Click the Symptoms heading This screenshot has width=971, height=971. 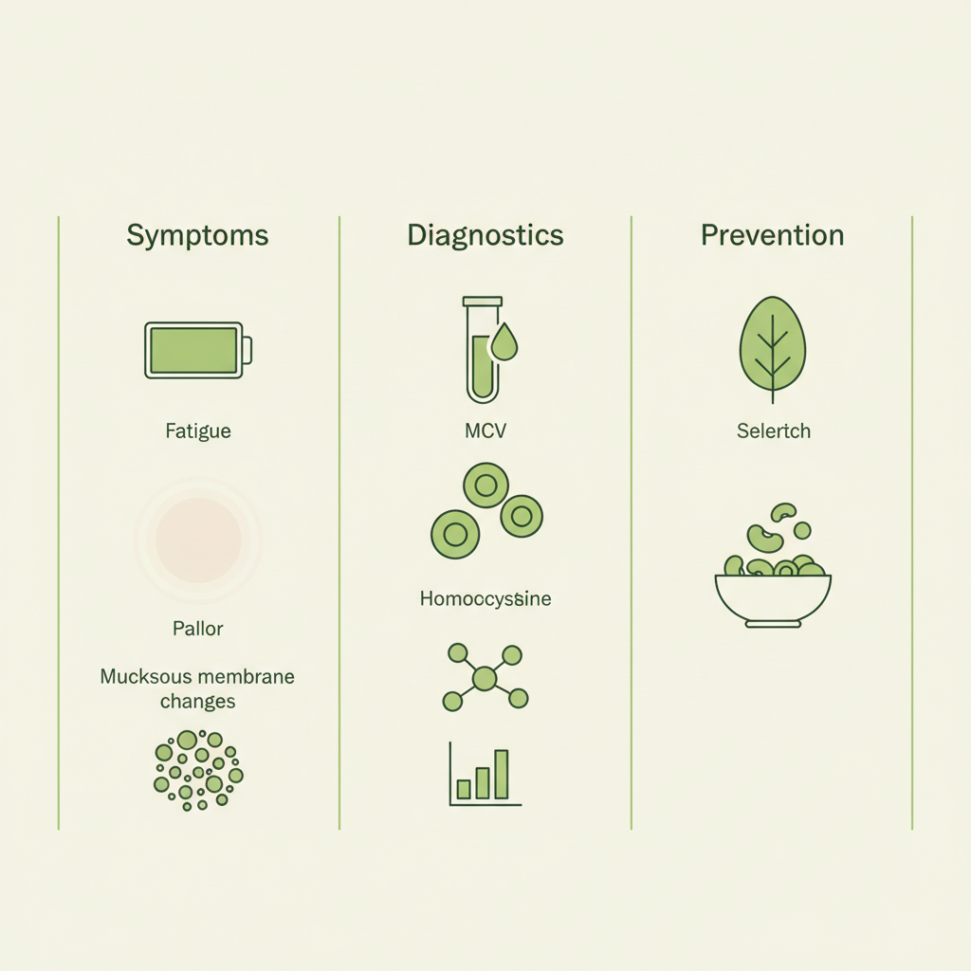click(197, 235)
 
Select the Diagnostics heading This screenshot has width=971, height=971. click(485, 235)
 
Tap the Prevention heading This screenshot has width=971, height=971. click(772, 235)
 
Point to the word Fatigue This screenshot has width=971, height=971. click(197, 431)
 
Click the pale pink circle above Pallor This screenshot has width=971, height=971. click(198, 540)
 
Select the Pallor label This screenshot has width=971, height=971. click(198, 628)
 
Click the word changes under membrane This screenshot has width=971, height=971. click(198, 702)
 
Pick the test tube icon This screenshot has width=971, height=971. click(481, 351)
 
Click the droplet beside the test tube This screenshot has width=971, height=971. click(504, 343)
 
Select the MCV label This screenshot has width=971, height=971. click(485, 431)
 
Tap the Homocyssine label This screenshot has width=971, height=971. click(485, 599)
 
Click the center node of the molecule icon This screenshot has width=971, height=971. click(485, 678)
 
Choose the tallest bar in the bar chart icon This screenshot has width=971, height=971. click(502, 774)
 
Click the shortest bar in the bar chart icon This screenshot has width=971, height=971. click(464, 789)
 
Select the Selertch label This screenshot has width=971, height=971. click(774, 431)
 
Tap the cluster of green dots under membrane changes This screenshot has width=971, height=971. click(197, 769)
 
